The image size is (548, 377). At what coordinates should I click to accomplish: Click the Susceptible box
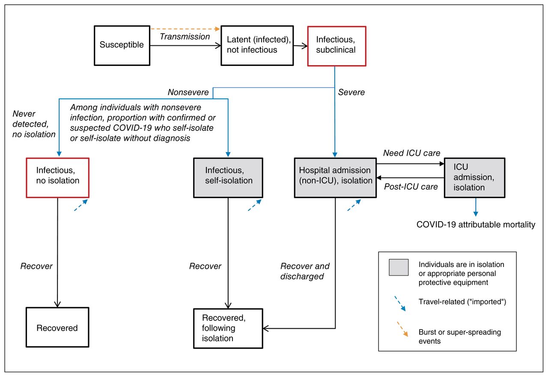(122, 45)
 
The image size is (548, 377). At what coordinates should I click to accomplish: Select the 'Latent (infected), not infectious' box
(257, 45)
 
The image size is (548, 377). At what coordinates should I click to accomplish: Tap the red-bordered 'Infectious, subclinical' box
(337, 46)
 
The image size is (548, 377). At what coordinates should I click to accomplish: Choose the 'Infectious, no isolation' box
(58, 178)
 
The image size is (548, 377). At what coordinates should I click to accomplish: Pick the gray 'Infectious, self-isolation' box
(228, 178)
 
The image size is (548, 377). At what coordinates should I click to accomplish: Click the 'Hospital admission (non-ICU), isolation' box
(335, 178)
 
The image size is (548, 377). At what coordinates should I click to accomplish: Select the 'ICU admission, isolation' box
(475, 178)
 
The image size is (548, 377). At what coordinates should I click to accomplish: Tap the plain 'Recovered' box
(57, 327)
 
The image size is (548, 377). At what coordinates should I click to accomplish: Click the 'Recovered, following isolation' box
(228, 328)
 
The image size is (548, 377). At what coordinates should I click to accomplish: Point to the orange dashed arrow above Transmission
(185, 29)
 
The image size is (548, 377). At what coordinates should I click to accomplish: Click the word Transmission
(185, 37)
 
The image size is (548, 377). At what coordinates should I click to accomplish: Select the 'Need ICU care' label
(411, 153)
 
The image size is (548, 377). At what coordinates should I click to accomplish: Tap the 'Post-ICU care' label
(411, 187)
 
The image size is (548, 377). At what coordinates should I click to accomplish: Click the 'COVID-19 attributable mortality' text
(476, 224)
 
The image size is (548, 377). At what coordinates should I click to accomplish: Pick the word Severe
(351, 92)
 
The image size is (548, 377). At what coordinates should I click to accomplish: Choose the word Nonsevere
(188, 92)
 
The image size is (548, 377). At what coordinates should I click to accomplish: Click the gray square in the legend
(399, 267)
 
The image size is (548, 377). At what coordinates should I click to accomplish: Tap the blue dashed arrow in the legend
(400, 303)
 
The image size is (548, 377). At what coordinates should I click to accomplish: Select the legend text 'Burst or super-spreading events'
(460, 336)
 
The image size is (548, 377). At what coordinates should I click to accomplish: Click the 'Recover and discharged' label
(305, 271)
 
